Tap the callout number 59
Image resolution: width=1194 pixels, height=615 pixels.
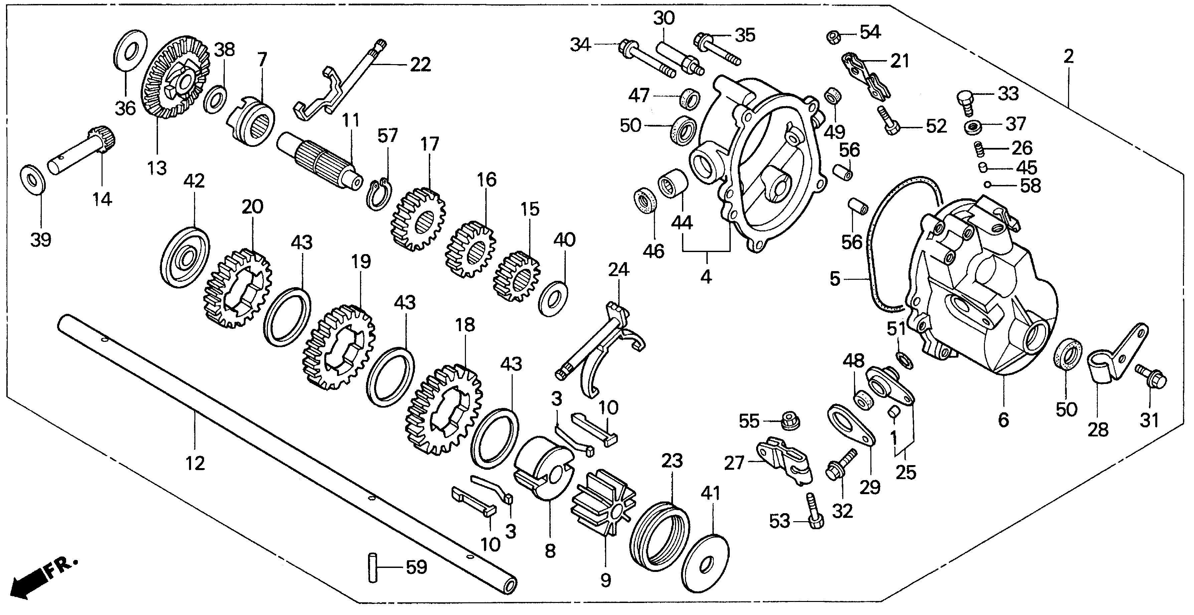(416, 567)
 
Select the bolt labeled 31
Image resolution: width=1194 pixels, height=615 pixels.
(1151, 382)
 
